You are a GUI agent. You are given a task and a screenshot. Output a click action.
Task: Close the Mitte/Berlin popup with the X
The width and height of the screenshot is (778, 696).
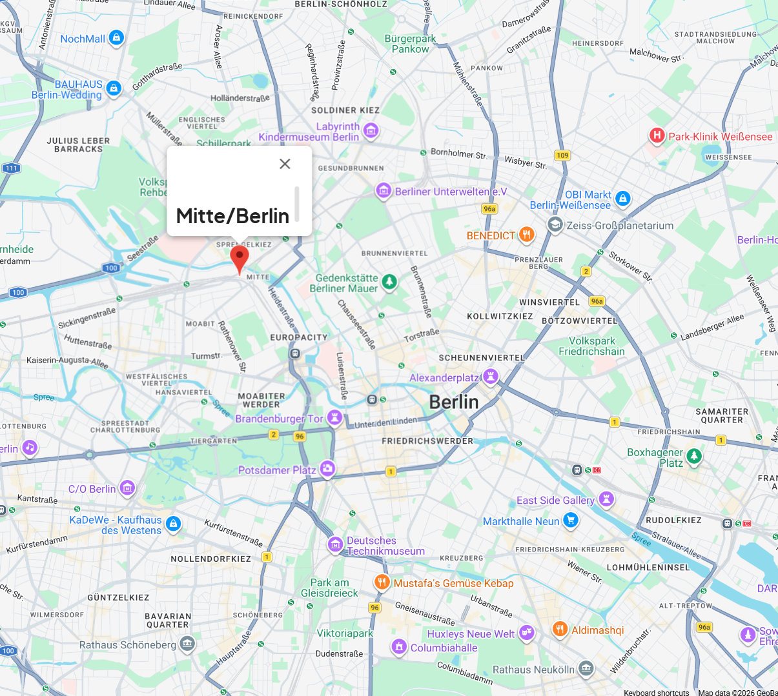[x=285, y=164]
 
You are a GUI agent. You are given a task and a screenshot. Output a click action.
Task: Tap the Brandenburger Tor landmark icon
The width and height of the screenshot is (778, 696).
[x=334, y=418]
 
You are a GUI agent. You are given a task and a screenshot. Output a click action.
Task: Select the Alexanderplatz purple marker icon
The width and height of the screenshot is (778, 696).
[x=491, y=377]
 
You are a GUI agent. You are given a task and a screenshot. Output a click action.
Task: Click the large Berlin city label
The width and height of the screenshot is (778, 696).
[x=454, y=403]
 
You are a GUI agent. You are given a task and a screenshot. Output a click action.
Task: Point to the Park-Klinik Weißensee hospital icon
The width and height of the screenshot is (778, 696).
[x=657, y=135]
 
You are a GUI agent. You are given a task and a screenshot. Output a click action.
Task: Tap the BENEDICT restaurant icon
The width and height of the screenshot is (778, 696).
[x=527, y=235]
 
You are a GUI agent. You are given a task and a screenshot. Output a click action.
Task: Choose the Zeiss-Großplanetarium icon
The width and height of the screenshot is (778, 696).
[x=555, y=224]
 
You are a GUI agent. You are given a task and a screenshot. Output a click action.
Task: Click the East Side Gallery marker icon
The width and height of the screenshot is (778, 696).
[x=606, y=499]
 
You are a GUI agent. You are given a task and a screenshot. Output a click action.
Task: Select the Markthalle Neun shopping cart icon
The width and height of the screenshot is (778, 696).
[x=570, y=520]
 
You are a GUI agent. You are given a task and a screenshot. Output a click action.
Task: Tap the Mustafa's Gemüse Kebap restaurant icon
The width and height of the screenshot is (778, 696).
[x=382, y=582]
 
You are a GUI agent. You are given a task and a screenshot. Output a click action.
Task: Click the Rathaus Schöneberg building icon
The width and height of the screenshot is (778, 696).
[x=187, y=644]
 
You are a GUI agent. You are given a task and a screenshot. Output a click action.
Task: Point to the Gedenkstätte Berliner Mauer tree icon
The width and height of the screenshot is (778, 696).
[x=389, y=282]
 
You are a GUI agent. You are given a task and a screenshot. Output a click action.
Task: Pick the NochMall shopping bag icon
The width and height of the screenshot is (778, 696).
[x=116, y=38]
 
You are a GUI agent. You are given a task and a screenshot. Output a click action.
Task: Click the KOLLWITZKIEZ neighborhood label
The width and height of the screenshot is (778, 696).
[x=500, y=317]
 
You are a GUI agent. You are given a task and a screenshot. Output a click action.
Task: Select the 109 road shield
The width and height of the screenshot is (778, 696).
[x=562, y=155]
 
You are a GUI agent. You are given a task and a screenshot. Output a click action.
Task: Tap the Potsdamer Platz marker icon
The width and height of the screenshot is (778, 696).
[x=327, y=469]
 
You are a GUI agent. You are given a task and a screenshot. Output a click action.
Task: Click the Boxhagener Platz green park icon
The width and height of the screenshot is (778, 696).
[x=694, y=456]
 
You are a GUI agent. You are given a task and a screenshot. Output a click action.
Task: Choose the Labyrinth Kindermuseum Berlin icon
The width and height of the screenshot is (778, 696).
[x=371, y=131]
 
